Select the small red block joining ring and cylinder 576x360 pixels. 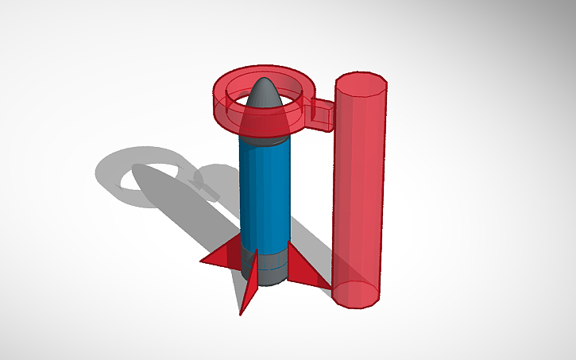tap(323, 116)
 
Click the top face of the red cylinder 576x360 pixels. tap(361, 83)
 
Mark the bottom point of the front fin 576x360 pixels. tap(242, 313)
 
